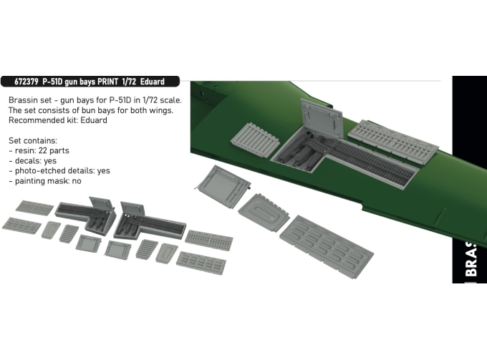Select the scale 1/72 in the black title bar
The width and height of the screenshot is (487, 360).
click(x=134, y=82)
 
